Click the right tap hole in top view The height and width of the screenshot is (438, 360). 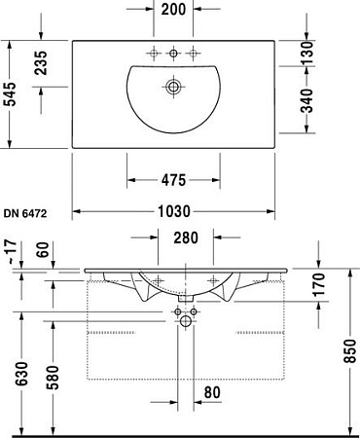coord(195,51)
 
